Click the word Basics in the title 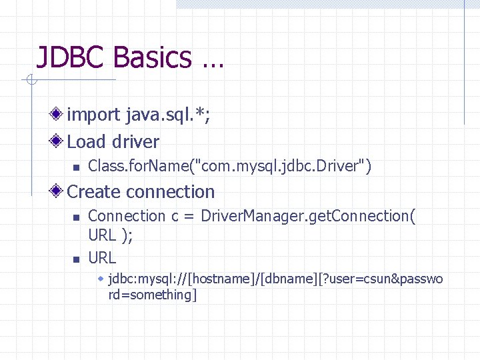tap(152, 57)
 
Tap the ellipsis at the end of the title tap(211, 63)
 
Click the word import tap(94, 115)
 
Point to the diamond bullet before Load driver tap(59, 141)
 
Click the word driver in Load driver tap(136, 141)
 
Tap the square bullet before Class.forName tap(76, 167)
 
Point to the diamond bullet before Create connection tap(59, 192)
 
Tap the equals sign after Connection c tap(189, 217)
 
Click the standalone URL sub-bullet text tap(102, 257)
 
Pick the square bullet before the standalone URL tap(76, 259)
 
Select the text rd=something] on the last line tap(153, 295)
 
